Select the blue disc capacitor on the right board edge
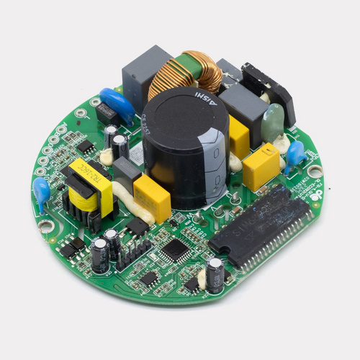294,156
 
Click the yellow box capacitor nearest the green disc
261,166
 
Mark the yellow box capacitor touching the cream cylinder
152,197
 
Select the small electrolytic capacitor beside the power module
214,274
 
